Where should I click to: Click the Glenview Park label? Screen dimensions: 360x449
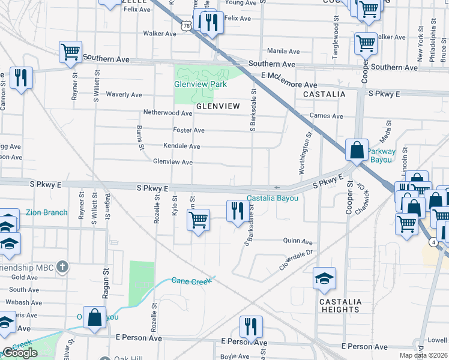point(200,85)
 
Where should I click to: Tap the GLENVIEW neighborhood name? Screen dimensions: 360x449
point(218,106)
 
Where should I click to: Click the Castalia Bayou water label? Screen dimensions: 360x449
point(273,199)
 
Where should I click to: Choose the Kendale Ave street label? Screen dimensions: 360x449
point(182,146)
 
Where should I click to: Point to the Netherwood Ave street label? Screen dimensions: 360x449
point(167,113)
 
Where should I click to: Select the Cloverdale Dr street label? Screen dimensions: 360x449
point(297,260)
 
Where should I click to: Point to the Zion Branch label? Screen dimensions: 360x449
point(47,212)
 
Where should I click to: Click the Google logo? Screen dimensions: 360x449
point(20,353)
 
